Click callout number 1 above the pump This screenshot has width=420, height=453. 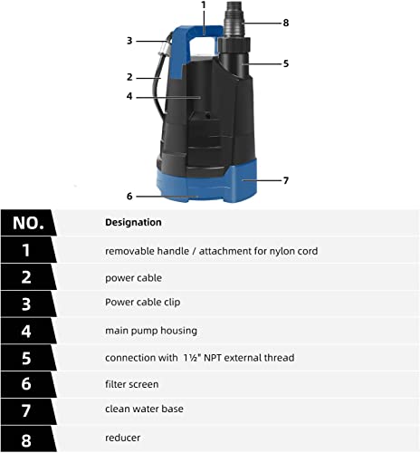[204, 5]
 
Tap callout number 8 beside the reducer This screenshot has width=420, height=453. [285, 23]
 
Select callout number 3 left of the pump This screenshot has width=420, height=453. [129, 41]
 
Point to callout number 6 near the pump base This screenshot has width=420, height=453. [129, 195]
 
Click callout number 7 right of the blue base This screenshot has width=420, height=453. [285, 180]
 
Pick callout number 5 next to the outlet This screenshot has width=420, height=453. [285, 63]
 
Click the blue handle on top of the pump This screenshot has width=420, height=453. [201, 39]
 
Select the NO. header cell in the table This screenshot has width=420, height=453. [27, 223]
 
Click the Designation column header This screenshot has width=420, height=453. [133, 222]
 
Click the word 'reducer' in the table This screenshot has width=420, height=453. [122, 438]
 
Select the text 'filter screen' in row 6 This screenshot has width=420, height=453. [132, 384]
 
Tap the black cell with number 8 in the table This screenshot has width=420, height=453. [27, 438]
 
